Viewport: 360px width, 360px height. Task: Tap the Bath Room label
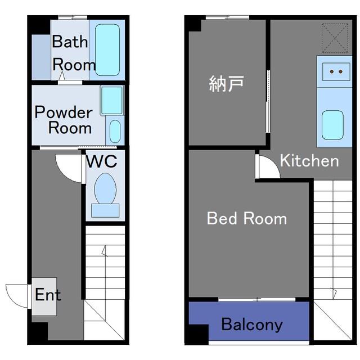(73, 53)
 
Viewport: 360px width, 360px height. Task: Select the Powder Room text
(64, 119)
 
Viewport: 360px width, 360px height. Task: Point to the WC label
(102, 162)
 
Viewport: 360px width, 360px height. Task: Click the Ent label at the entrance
(48, 295)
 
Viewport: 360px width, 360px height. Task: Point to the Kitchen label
(309, 161)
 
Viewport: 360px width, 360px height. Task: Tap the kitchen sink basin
(332, 124)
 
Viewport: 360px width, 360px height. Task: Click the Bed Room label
(247, 218)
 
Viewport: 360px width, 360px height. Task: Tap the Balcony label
(251, 325)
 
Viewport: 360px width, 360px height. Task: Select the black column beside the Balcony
(196, 335)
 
